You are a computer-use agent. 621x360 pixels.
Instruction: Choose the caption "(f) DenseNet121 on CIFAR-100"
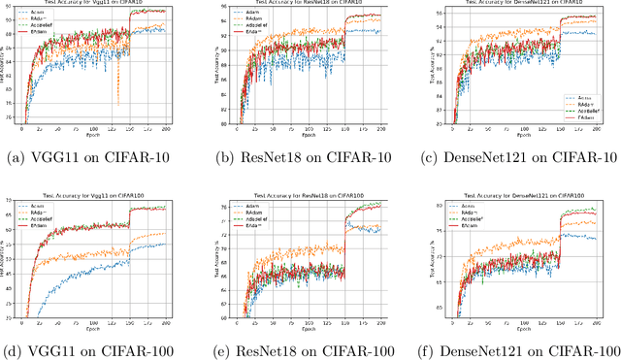(518, 348)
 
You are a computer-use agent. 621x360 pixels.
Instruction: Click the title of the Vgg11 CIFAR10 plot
(97, 5)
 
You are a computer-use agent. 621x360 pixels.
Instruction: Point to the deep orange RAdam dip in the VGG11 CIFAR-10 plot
(118, 102)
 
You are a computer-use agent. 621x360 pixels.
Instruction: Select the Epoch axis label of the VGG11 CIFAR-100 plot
(96, 327)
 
